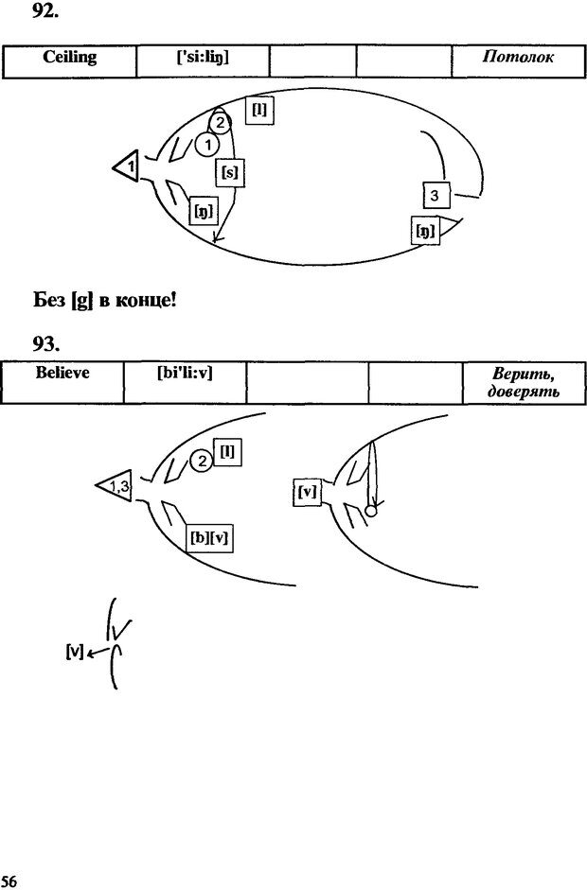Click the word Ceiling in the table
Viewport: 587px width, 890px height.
(70, 58)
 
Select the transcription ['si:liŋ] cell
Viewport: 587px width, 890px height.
(203, 58)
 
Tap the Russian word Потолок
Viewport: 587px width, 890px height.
(518, 58)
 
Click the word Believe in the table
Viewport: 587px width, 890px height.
(62, 373)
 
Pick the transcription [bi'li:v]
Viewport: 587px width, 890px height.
(185, 373)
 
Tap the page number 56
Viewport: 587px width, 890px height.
(9, 881)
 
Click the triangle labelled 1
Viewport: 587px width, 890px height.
(127, 167)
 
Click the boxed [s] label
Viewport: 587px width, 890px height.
(228, 172)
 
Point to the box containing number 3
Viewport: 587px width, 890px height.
(435, 196)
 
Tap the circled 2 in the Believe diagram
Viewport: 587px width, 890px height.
(201, 461)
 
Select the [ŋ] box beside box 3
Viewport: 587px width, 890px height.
(425, 229)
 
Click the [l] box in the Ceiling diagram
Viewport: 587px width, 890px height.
(258, 110)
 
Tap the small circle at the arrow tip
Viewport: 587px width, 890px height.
(371, 511)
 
